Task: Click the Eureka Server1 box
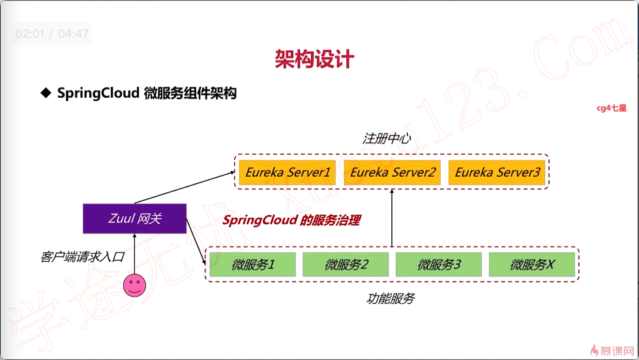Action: pyautogui.click(x=288, y=173)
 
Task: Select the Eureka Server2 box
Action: pyautogui.click(x=392, y=173)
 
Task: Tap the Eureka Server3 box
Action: pyautogui.click(x=497, y=173)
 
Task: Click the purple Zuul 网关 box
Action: pyautogui.click(x=134, y=218)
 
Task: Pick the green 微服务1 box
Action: pyautogui.click(x=252, y=265)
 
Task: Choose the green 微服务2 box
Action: pyautogui.click(x=346, y=265)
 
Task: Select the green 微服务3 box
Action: pyautogui.click(x=439, y=265)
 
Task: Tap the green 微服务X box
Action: pyautogui.click(x=531, y=265)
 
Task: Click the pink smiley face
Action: pyautogui.click(x=134, y=286)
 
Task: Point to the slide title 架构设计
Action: pyautogui.click(x=314, y=59)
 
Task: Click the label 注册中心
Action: pyautogui.click(x=387, y=139)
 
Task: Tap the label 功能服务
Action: pyautogui.click(x=390, y=299)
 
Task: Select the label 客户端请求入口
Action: pyautogui.click(x=82, y=257)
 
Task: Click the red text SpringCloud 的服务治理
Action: pyautogui.click(x=291, y=220)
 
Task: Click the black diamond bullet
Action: pyautogui.click(x=46, y=93)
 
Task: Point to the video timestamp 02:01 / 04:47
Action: pyautogui.click(x=52, y=33)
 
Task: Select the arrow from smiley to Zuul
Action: pyautogui.click(x=134, y=254)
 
